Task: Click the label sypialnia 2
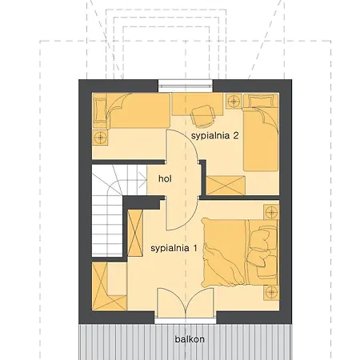(x=214, y=136)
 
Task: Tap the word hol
(x=165, y=178)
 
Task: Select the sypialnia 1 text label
(x=174, y=249)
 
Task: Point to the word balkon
(x=190, y=339)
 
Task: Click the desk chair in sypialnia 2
(x=202, y=115)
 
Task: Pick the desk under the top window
(x=198, y=104)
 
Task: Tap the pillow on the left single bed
(x=101, y=110)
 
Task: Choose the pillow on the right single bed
(x=262, y=101)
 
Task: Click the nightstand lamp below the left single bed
(x=101, y=138)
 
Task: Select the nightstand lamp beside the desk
(x=234, y=101)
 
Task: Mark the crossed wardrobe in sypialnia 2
(x=226, y=186)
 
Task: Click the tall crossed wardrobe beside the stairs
(x=135, y=234)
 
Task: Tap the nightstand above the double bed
(x=271, y=212)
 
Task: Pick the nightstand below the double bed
(x=271, y=293)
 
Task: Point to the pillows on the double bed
(x=262, y=253)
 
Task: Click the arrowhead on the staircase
(x=144, y=180)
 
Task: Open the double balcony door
(x=186, y=303)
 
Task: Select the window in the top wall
(x=186, y=83)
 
